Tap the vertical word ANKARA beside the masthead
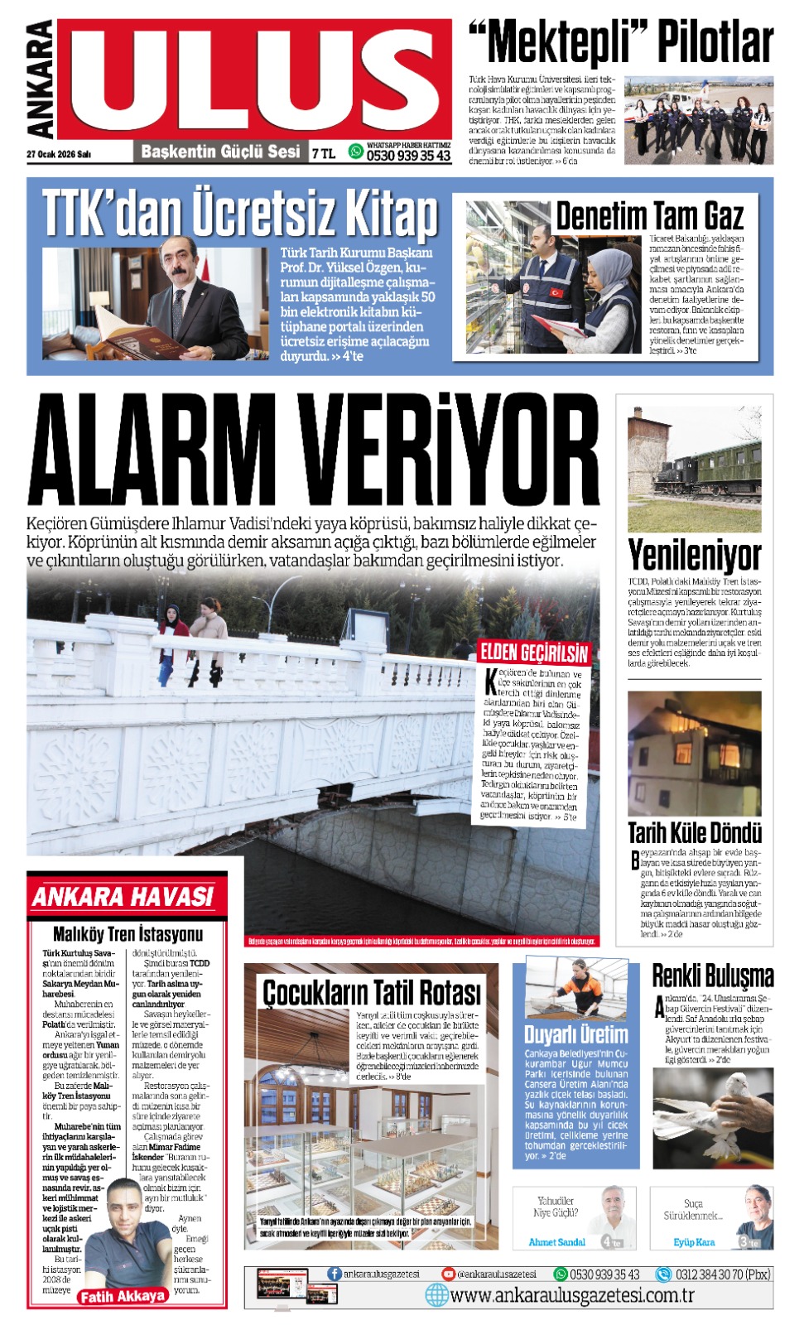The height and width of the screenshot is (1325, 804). (x=41, y=79)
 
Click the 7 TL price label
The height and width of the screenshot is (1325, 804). (x=323, y=153)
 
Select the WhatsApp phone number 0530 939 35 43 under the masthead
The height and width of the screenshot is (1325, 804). (x=408, y=156)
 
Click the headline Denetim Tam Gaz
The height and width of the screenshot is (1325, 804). (x=649, y=216)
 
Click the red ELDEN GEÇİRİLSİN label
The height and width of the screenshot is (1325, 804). (x=534, y=653)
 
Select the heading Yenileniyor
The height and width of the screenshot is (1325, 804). (x=694, y=554)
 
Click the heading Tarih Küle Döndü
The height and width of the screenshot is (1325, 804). (x=694, y=832)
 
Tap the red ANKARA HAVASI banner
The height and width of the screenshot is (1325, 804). (x=123, y=896)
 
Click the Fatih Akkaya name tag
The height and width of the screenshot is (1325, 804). (x=122, y=1296)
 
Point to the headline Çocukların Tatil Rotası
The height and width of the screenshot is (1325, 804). (x=371, y=991)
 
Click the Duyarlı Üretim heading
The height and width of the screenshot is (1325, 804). (x=575, y=1034)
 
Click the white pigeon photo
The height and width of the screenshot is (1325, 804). (x=712, y=1114)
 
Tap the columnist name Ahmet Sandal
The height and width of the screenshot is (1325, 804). (x=556, y=1242)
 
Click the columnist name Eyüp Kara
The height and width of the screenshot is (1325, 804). (x=693, y=1242)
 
